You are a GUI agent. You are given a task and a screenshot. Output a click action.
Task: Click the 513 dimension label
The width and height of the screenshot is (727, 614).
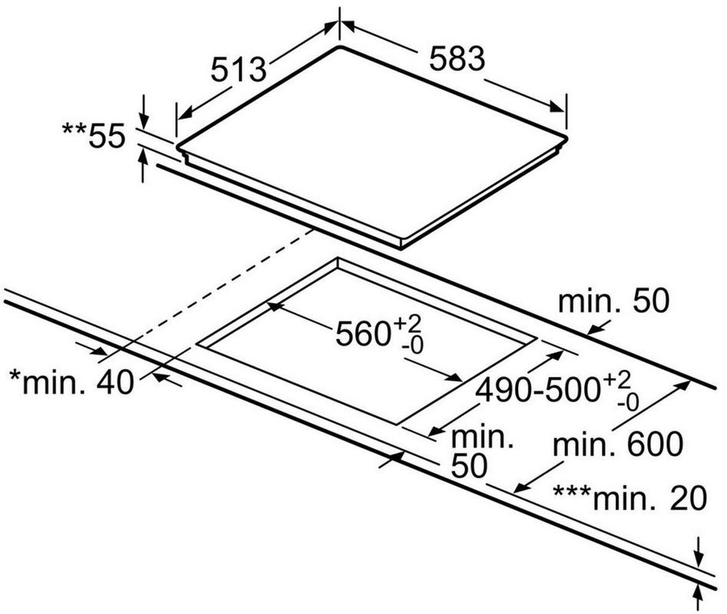pyautogui.click(x=238, y=70)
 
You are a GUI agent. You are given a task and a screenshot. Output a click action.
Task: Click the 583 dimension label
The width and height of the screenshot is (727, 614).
pyautogui.click(x=457, y=59)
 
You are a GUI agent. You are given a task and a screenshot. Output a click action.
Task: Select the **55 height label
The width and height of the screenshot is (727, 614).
pyautogui.click(x=94, y=137)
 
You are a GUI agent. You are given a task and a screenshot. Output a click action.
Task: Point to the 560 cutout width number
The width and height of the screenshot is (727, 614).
pyautogui.click(x=363, y=334)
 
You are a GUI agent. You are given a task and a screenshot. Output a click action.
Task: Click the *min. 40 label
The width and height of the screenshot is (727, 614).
pyautogui.click(x=72, y=383)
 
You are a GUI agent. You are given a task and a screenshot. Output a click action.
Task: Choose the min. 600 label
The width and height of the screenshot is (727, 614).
pyautogui.click(x=617, y=444)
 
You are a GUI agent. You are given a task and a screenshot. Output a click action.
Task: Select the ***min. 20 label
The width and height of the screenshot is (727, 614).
pyautogui.click(x=630, y=498)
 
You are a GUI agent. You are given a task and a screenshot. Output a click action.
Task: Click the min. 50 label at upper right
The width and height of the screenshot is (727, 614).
pyautogui.click(x=614, y=301)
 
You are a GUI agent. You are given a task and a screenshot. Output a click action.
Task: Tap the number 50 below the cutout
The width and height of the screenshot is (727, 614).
pyautogui.click(x=469, y=465)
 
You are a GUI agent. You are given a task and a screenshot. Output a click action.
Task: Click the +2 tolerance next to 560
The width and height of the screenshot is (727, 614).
pyautogui.click(x=408, y=322)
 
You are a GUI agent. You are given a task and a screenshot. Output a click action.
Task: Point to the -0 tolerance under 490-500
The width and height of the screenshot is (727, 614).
pyautogui.click(x=629, y=403)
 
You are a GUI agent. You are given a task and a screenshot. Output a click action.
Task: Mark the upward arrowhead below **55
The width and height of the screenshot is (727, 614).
pyautogui.click(x=144, y=158)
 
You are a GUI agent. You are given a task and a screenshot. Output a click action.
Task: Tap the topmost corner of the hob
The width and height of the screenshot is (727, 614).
pyautogui.click(x=339, y=46)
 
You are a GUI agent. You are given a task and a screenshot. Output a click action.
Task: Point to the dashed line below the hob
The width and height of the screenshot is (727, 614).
pyautogui.click(x=218, y=292)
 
